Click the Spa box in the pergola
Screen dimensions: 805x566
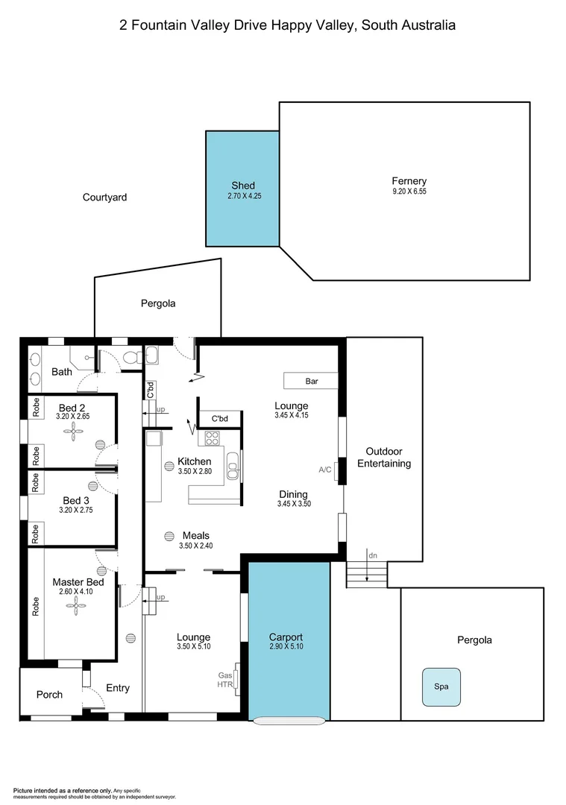[441, 686]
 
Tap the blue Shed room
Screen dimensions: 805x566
[242, 188]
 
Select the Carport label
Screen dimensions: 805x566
[286, 637]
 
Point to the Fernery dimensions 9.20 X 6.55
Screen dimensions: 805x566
[409, 192]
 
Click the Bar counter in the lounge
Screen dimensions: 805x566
[311, 381]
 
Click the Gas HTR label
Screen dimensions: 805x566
[225, 679]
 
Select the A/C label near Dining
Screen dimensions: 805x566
[325, 470]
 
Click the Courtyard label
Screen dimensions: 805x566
[104, 198]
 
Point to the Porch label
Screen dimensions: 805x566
[50, 695]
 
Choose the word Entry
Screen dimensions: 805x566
[118, 688]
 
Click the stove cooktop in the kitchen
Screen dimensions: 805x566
[213, 438]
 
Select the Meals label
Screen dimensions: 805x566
[195, 535]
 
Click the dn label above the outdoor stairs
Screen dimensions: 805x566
[373, 555]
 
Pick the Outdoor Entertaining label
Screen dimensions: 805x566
[384, 458]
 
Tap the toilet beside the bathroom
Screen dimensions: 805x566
[132, 359]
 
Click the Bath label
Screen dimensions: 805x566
[62, 371]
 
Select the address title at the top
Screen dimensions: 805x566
[287, 25]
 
